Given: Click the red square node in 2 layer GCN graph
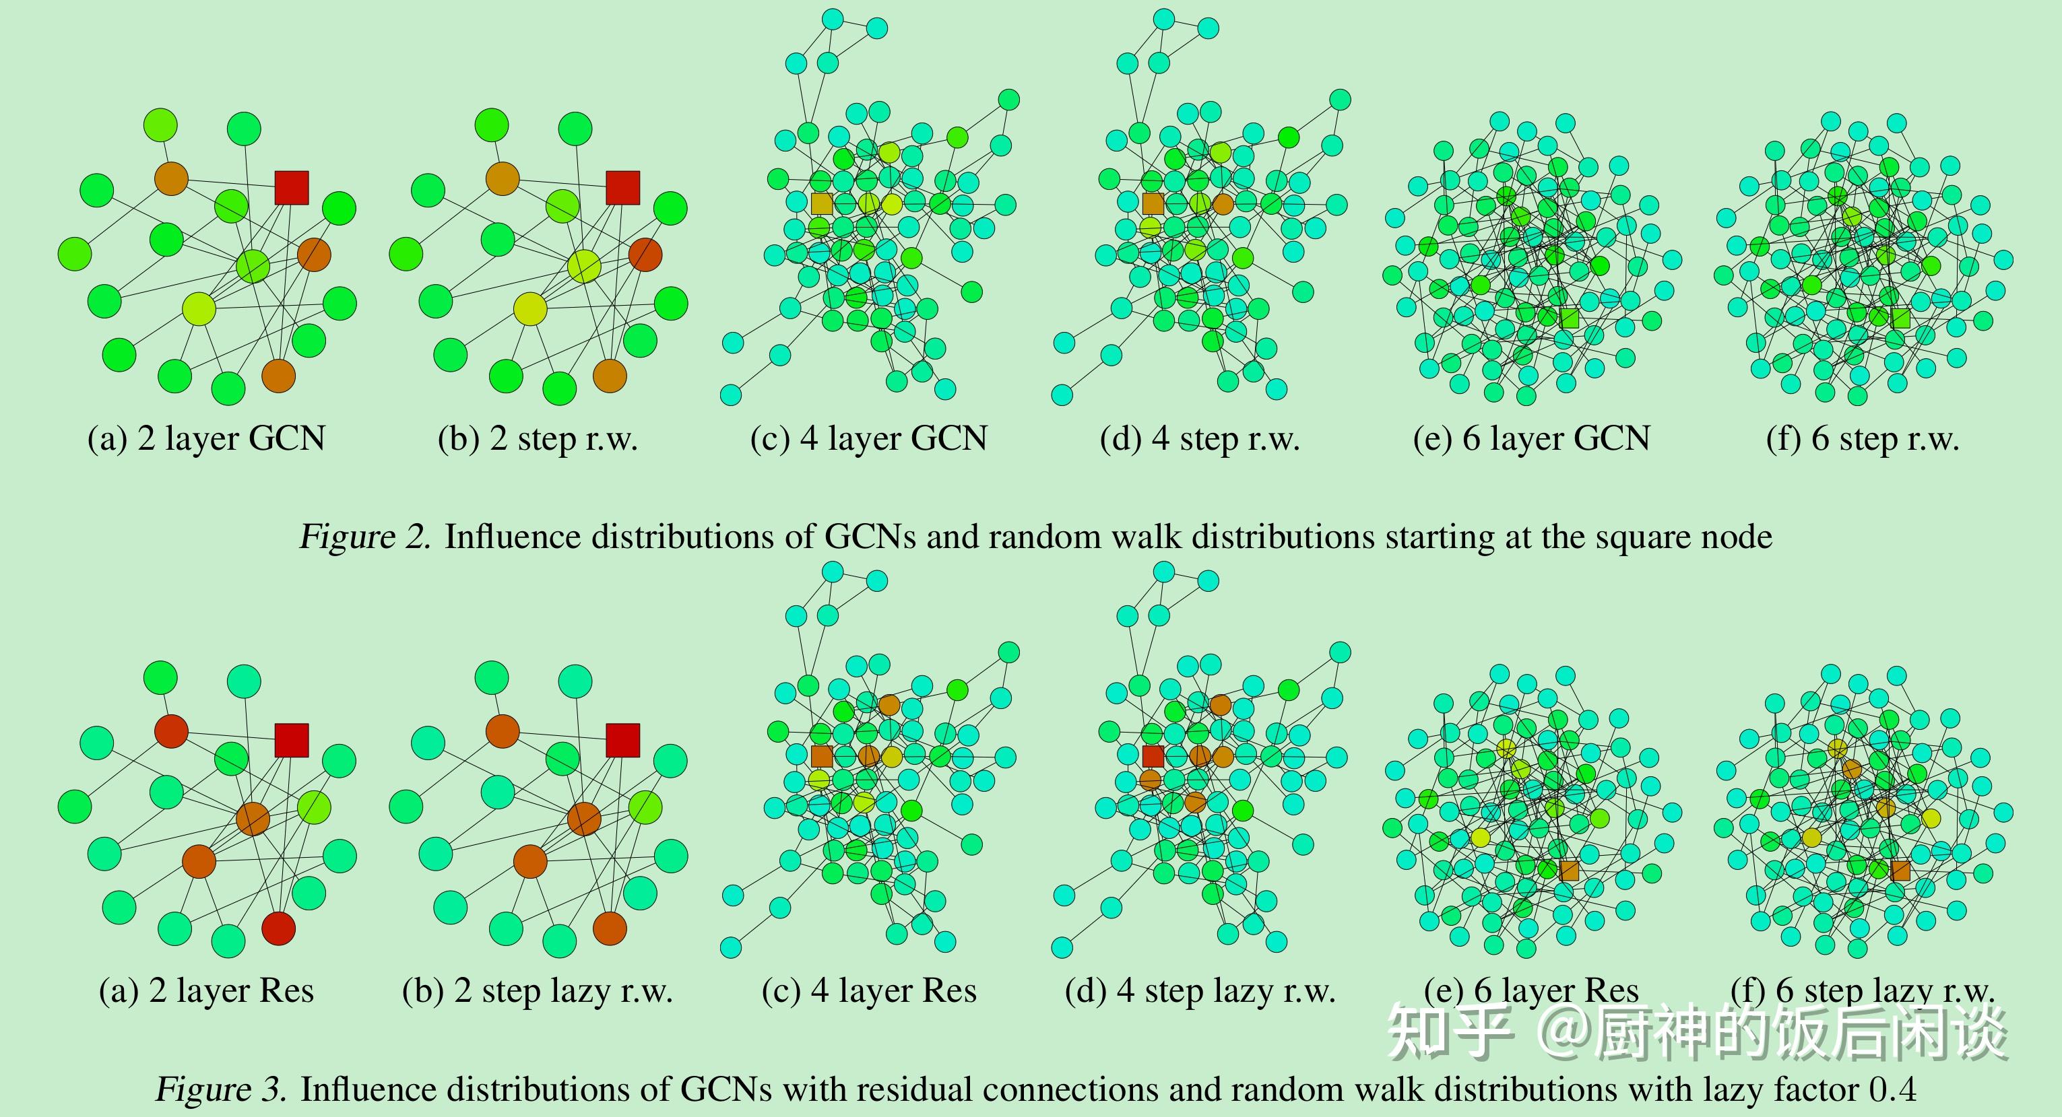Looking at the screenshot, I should pos(292,187).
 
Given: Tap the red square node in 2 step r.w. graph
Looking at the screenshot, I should pos(622,187).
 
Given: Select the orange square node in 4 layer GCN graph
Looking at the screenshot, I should pos(822,203).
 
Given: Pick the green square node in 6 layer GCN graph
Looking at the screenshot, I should pos(1569,318).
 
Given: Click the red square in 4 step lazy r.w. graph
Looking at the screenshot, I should pos(1153,756).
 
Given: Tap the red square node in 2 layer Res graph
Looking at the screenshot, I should pos(292,740).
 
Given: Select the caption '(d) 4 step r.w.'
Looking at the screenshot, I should pos(1199,438).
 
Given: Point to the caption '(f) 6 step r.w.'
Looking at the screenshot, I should pos(1862,438).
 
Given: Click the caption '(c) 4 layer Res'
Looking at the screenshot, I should pos(868,990).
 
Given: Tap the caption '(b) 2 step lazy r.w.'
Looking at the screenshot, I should pos(537,990).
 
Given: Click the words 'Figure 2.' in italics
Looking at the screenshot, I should pos(365,536).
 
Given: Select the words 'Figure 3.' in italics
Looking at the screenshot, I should pos(221,1089).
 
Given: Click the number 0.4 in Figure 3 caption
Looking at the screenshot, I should pos(1892,1089).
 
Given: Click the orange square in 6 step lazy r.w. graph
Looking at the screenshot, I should pos(1900,871).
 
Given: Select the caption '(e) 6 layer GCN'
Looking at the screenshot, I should pos(1531,438).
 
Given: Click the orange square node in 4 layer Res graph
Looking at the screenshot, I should pos(822,756).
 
